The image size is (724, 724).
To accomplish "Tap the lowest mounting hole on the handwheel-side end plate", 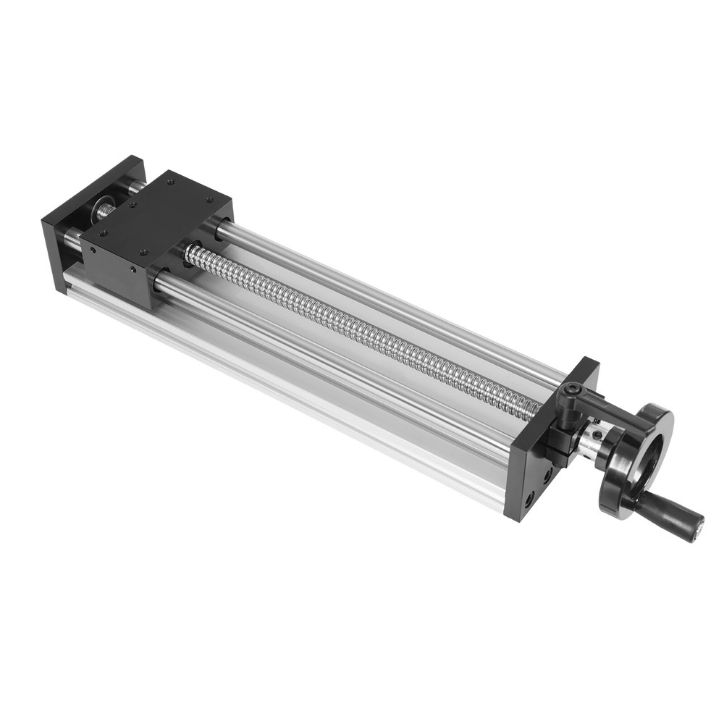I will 529,499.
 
